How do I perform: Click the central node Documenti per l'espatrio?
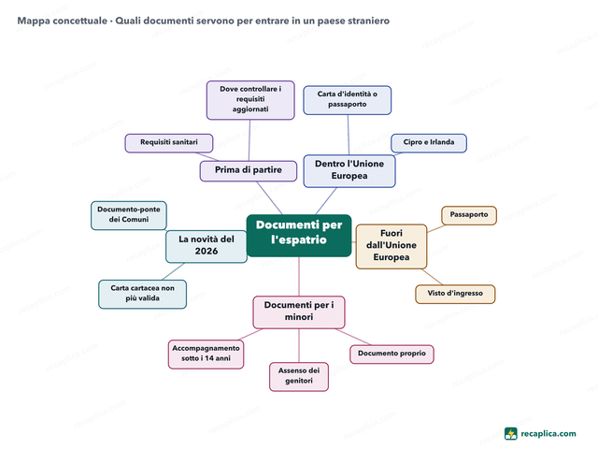(x=299, y=236)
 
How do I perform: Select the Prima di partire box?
(x=249, y=171)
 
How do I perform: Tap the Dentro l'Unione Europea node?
(x=349, y=170)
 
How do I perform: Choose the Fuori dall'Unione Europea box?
(x=392, y=246)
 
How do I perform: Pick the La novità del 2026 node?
(x=206, y=246)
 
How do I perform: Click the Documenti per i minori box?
(x=299, y=312)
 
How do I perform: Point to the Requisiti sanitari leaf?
(x=169, y=143)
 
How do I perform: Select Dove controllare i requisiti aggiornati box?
(x=250, y=100)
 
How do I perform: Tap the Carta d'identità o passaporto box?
(x=347, y=100)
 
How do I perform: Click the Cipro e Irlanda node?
(x=429, y=143)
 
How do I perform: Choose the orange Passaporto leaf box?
(x=469, y=216)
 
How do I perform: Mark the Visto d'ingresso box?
(x=455, y=294)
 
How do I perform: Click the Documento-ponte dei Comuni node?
(x=129, y=215)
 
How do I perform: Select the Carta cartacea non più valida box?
(x=143, y=294)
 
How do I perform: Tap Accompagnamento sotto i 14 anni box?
(x=206, y=355)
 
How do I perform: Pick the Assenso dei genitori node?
(x=299, y=376)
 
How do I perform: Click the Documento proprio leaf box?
(x=392, y=355)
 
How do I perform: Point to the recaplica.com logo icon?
(x=511, y=434)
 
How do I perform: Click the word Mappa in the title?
(x=34, y=21)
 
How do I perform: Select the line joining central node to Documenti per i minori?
(x=299, y=277)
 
